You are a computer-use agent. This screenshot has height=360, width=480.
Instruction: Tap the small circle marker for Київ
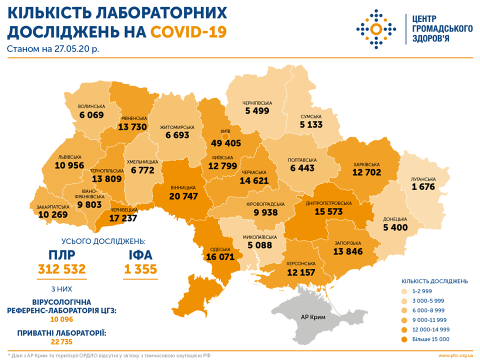click(225, 135)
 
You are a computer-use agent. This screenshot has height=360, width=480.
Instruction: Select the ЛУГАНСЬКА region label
click(424, 179)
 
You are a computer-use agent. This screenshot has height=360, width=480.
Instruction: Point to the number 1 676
click(424, 187)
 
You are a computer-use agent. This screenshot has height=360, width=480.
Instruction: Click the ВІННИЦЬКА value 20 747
click(183, 196)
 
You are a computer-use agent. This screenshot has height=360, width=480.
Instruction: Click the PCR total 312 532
click(62, 270)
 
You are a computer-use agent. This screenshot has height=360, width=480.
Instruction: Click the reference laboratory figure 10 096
click(62, 318)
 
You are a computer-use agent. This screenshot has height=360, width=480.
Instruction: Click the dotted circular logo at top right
click(378, 28)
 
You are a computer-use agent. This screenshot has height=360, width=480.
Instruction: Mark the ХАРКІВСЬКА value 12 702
click(366, 172)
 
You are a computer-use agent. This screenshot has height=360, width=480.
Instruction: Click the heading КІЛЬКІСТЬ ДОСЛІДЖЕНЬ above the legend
click(434, 280)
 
